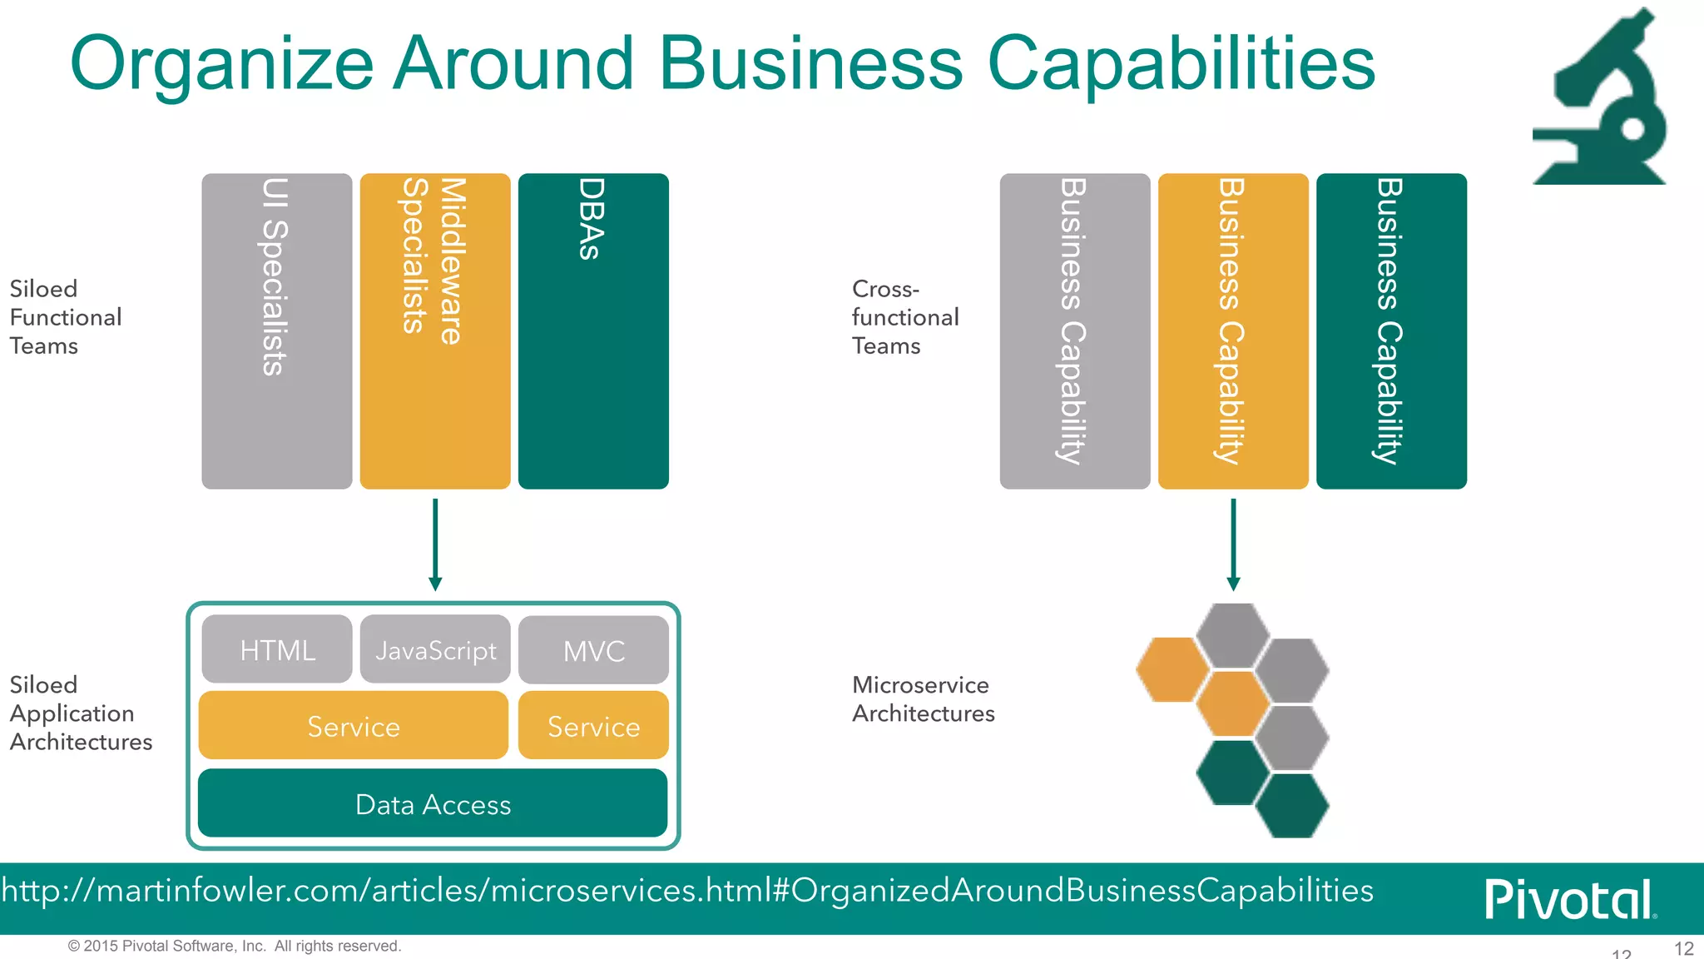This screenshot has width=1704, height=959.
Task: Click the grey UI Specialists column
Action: coord(276,330)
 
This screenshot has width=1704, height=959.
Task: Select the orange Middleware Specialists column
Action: coord(434,330)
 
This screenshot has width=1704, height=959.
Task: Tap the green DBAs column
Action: coord(592,330)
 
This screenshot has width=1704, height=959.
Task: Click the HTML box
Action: coord(276,650)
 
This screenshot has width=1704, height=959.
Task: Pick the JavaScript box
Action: coord(434,650)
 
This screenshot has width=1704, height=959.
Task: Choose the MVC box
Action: coord(592,651)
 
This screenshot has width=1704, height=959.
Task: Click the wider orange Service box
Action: coord(353,726)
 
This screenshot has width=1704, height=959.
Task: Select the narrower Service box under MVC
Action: coord(592,726)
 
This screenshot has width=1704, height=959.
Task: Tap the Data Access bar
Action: coord(433,804)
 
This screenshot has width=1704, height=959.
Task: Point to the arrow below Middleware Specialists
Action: coord(434,545)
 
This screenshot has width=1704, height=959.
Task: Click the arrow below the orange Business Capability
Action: coord(1233,545)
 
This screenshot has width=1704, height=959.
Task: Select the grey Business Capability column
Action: coord(1074,330)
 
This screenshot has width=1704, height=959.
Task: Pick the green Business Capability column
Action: coord(1390,330)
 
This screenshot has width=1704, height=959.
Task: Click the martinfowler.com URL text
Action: coord(687,891)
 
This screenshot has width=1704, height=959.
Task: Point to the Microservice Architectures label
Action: coord(922,699)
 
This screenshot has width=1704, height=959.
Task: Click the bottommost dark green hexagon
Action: coord(1292,806)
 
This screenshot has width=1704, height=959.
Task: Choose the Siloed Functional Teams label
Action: coord(65,317)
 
